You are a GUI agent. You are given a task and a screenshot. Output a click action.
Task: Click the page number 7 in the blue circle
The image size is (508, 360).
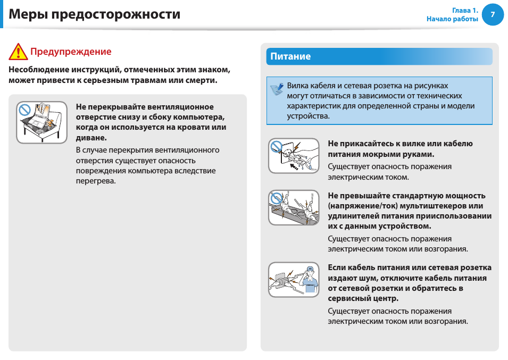pyautogui.click(x=493, y=15)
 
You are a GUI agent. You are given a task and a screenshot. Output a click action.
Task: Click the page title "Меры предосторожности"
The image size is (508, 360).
pyautogui.click(x=95, y=14)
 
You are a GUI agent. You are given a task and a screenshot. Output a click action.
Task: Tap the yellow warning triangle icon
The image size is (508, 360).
pyautogui.click(x=18, y=52)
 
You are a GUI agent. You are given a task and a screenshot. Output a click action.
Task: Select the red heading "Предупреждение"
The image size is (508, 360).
pyautogui.click(x=71, y=52)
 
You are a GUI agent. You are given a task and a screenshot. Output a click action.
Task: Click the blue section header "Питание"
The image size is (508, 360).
pyautogui.click(x=290, y=56)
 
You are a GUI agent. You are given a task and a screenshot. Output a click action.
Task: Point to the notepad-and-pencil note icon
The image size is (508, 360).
pyautogui.click(x=277, y=89)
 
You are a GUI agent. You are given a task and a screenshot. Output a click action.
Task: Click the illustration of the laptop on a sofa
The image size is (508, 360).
pyautogui.click(x=41, y=122)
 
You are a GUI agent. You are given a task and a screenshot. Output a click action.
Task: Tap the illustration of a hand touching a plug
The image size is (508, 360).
pyautogui.click(x=294, y=156)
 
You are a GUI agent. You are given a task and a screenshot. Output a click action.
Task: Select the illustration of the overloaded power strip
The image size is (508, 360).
pyautogui.click(x=294, y=207)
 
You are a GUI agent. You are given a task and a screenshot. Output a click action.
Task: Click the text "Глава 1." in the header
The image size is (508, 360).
pyautogui.click(x=465, y=10)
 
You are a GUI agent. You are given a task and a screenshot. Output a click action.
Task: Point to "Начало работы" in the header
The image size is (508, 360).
pyautogui.click(x=452, y=19)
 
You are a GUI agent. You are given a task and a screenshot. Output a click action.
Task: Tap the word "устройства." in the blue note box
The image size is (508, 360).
pyautogui.click(x=308, y=116)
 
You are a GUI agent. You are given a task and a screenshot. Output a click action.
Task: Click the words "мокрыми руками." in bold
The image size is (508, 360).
pyautogui.click(x=404, y=154)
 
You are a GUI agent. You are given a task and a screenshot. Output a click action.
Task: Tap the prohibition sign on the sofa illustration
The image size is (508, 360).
pyautogui.click(x=24, y=110)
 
